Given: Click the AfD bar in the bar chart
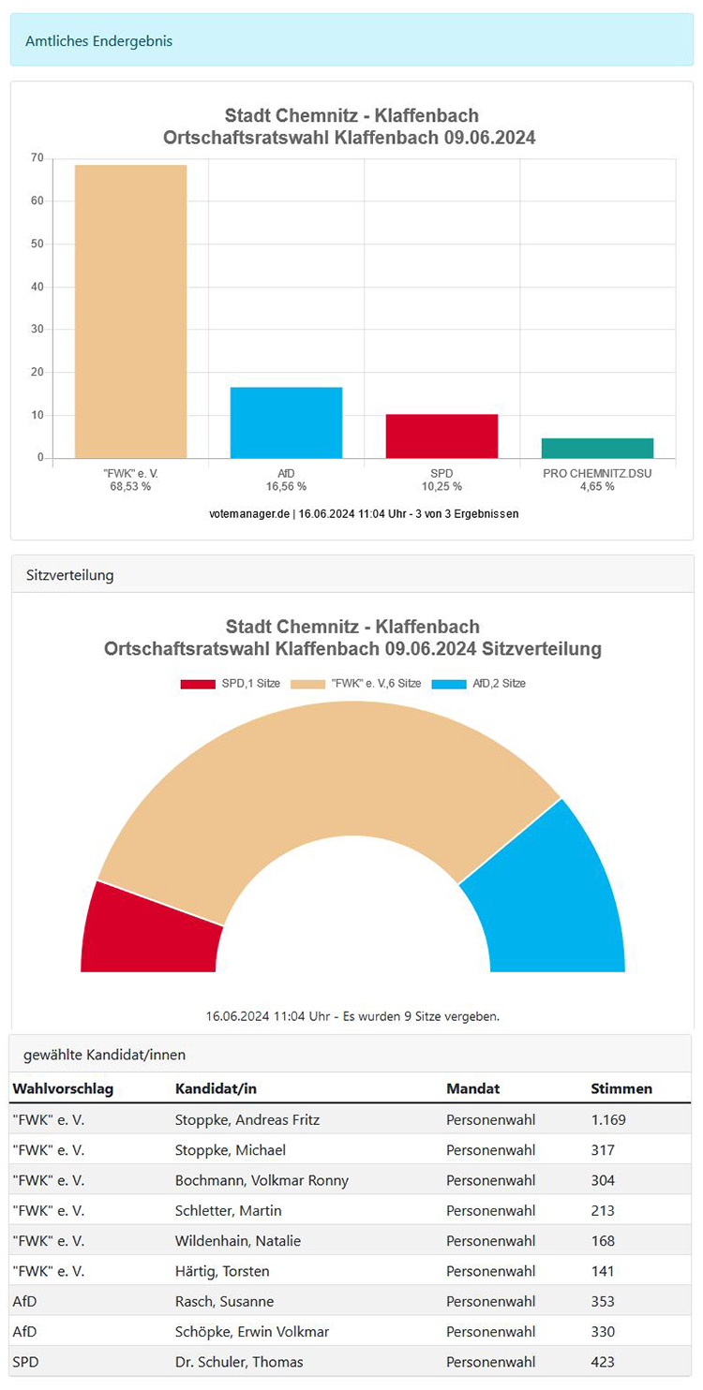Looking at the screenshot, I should (x=286, y=422).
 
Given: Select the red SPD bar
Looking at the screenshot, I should (x=441, y=436).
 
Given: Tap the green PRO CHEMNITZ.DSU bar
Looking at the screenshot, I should (x=597, y=448).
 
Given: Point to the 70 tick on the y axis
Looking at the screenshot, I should (x=37, y=158).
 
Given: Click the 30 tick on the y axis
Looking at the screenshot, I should (x=37, y=330).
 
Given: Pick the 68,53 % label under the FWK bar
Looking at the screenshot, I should (x=130, y=487).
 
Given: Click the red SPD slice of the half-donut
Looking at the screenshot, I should (x=150, y=929).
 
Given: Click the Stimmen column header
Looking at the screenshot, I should (x=621, y=1088).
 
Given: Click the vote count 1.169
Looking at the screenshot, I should (x=608, y=1119).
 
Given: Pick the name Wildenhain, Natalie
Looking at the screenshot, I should (x=238, y=1241).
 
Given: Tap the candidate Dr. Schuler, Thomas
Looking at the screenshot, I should (x=239, y=1362).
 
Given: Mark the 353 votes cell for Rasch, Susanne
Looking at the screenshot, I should (x=603, y=1301).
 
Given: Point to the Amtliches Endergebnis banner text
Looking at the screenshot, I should (x=98, y=41).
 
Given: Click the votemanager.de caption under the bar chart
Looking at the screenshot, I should (x=364, y=513).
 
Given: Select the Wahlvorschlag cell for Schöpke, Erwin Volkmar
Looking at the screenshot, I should (x=24, y=1332).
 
